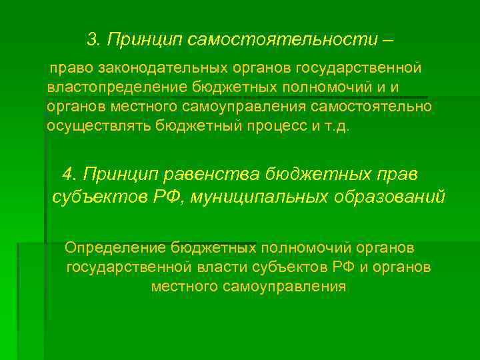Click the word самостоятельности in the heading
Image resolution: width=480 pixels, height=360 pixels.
283,40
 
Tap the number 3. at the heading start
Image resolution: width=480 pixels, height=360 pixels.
94,40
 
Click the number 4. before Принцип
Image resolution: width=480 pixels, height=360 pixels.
69,174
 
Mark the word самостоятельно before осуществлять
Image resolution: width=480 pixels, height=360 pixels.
371,107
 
